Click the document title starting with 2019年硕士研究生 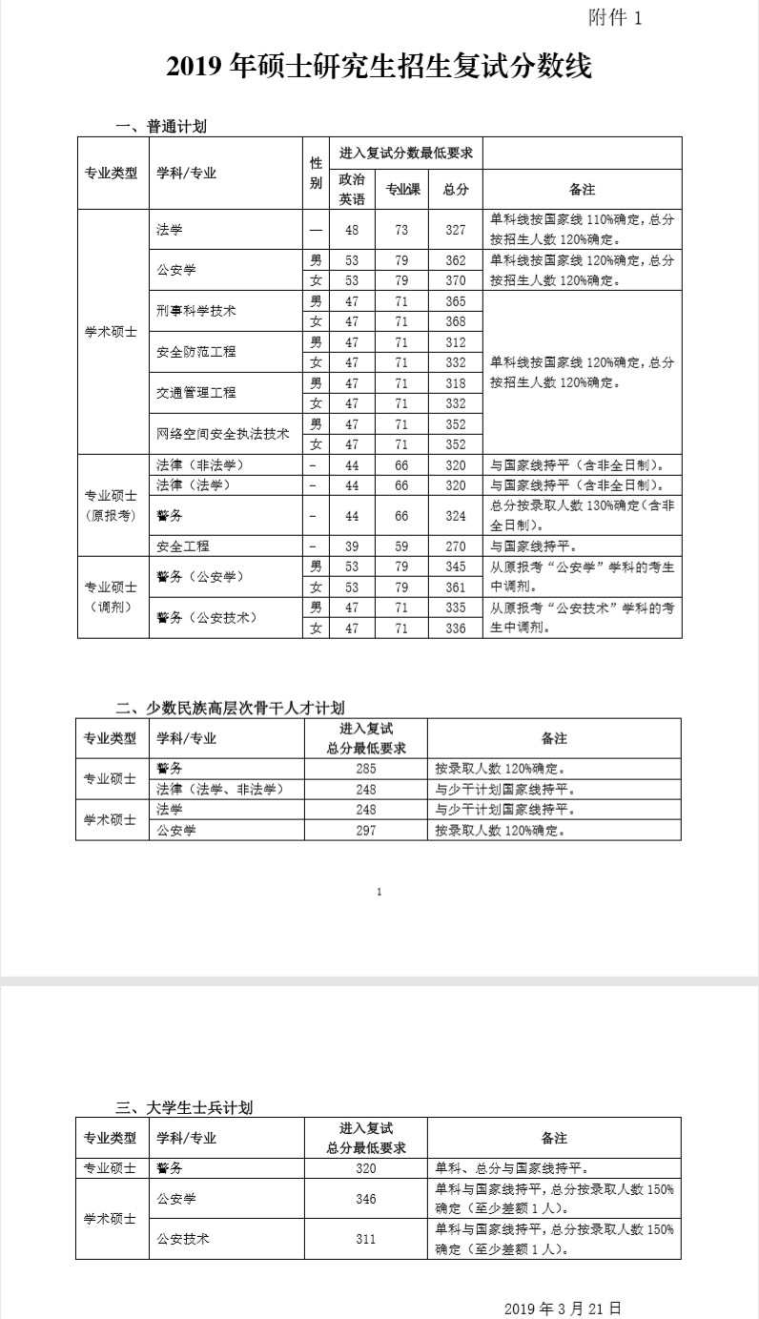(x=379, y=67)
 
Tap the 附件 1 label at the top (x=616, y=18)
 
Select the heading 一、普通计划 (x=161, y=127)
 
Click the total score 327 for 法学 (x=456, y=230)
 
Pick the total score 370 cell (x=456, y=280)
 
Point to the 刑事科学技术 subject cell (x=196, y=311)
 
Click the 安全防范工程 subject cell (x=196, y=352)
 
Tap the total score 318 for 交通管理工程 (x=456, y=382)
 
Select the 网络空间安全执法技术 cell (x=223, y=433)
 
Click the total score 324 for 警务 (x=456, y=516)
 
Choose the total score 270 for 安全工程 (x=456, y=546)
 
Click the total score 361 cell (x=456, y=587)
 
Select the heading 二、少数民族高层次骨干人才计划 (x=230, y=707)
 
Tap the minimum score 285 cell (x=366, y=769)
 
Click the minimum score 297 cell (x=366, y=831)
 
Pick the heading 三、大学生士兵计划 (x=184, y=1107)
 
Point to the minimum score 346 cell (x=366, y=1199)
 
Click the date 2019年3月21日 (x=564, y=1307)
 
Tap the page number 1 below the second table (x=379, y=892)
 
